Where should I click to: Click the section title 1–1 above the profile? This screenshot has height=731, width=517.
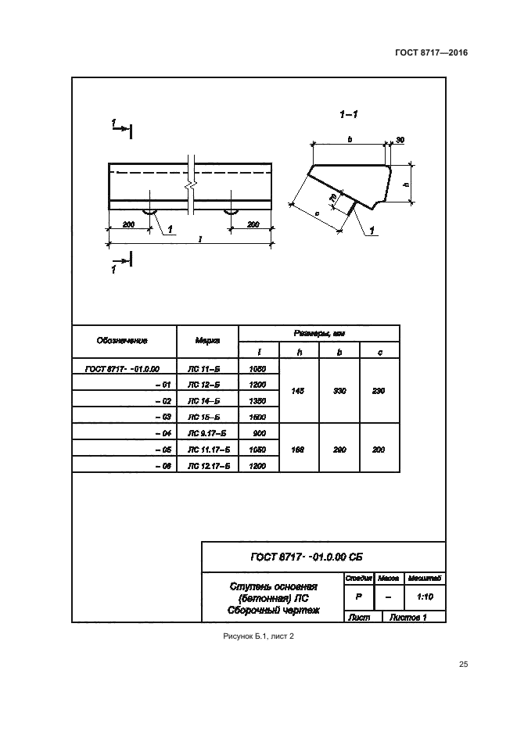click(x=349, y=116)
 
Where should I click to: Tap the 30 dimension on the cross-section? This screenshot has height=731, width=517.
click(x=400, y=140)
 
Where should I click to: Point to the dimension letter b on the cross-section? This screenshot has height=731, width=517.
click(x=350, y=139)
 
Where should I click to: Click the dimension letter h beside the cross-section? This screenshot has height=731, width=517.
click(x=406, y=185)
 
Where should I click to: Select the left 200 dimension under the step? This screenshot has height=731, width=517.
click(x=128, y=224)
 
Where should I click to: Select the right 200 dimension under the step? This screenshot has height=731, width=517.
click(x=253, y=224)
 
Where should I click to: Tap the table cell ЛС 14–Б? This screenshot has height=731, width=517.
click(x=207, y=401)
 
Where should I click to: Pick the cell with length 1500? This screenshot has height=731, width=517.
click(x=257, y=417)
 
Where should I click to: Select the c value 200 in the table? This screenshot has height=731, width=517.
click(x=379, y=450)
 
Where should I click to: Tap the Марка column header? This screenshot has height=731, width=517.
click(x=207, y=341)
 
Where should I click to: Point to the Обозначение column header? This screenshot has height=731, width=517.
click(x=123, y=341)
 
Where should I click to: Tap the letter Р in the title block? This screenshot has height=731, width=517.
click(x=358, y=596)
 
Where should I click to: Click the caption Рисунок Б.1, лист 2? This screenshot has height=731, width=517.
click(x=258, y=637)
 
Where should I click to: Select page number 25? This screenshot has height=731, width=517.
click(x=463, y=665)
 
